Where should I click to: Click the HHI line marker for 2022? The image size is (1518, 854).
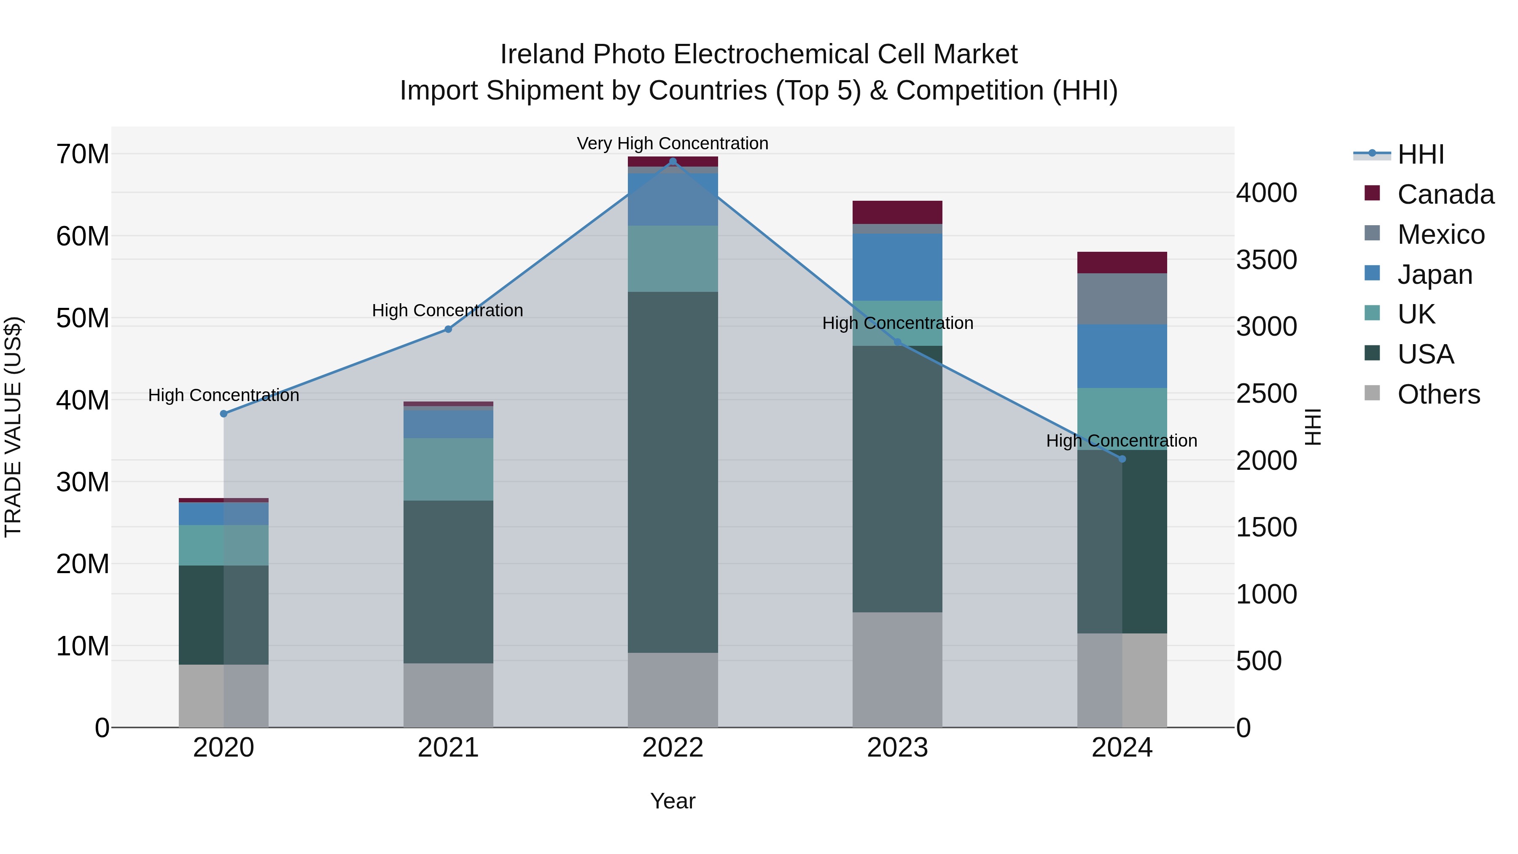point(673,162)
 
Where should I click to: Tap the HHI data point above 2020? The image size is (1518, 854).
point(223,414)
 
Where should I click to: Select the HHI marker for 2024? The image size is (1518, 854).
point(1122,458)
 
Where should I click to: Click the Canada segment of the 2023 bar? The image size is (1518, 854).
point(897,212)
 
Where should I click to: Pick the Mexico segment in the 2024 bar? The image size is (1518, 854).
point(1122,299)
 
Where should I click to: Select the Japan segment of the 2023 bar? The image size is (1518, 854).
point(897,267)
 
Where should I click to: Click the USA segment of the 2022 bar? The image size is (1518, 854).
point(673,471)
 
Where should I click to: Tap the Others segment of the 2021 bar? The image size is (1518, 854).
point(448,695)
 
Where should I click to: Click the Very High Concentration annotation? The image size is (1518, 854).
point(673,144)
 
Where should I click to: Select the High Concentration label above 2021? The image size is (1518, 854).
point(447,310)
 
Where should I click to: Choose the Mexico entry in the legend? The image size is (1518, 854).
point(1441,234)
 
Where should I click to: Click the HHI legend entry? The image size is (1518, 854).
point(1420,154)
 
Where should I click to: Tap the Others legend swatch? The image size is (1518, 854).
point(1373,393)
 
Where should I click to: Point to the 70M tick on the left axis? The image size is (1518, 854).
point(83,154)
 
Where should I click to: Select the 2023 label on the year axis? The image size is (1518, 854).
point(897,748)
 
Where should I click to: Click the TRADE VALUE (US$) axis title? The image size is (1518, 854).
point(13,427)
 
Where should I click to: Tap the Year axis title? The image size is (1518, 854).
point(673,801)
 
